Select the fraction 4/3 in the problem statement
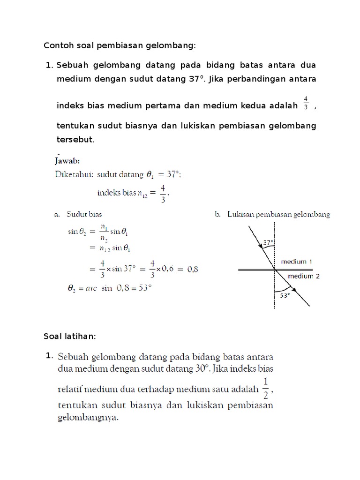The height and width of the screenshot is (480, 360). [306, 103]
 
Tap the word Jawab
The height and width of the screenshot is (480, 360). [68, 160]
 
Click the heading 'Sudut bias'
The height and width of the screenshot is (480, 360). [84, 215]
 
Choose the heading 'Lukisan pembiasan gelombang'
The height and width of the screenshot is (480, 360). [278, 215]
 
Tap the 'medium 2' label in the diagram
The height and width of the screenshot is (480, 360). [304, 276]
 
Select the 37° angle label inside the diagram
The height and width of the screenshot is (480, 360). [268, 243]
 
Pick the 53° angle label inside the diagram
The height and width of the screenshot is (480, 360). [285, 296]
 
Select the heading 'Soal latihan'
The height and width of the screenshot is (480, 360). [69, 337]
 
